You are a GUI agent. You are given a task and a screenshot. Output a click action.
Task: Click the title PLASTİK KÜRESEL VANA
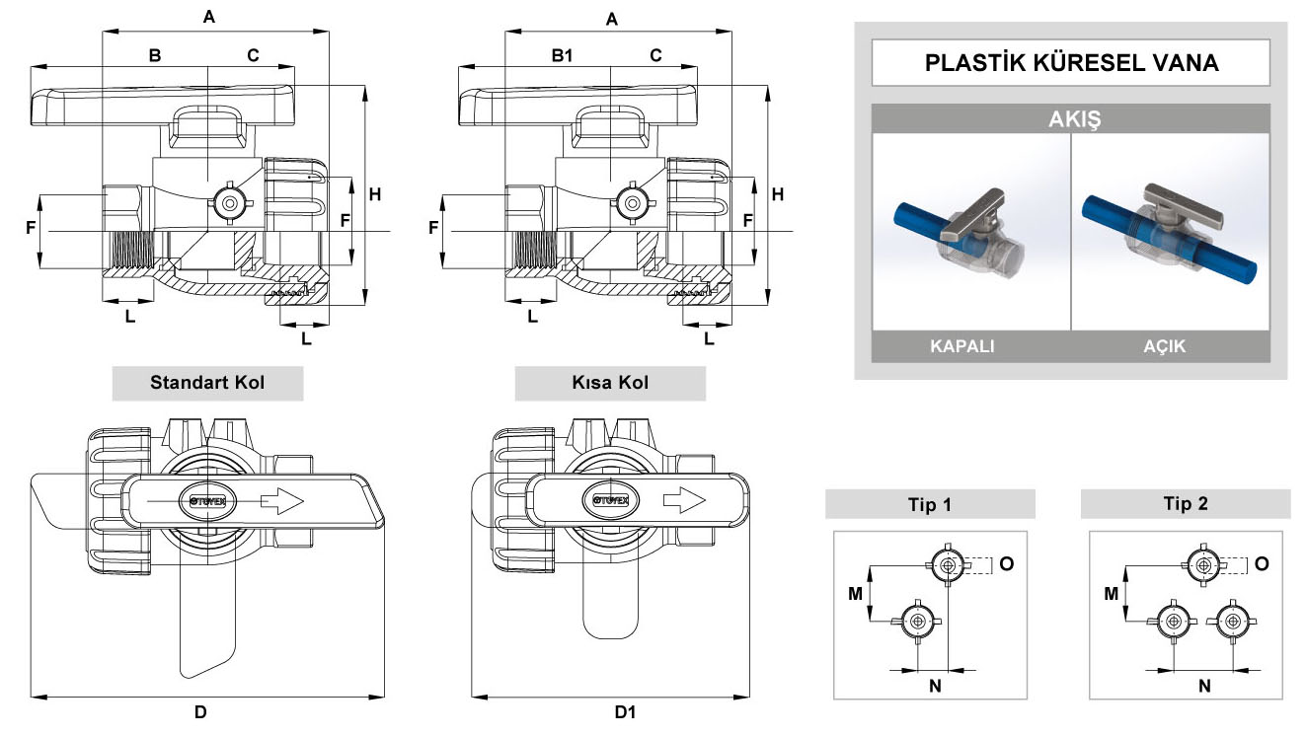click(1071, 63)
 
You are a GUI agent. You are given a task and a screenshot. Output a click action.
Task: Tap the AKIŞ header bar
click(1071, 120)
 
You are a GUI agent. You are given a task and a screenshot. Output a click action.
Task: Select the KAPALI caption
click(961, 346)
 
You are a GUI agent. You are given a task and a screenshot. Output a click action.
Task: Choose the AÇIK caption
click(1164, 346)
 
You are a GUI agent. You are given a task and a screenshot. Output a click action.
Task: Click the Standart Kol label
click(207, 383)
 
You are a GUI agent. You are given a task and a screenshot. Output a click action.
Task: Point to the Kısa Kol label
click(610, 383)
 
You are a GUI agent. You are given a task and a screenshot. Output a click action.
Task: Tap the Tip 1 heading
click(930, 504)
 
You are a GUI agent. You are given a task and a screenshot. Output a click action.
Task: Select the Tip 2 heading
click(1185, 504)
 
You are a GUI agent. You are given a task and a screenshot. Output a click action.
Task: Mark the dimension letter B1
click(562, 56)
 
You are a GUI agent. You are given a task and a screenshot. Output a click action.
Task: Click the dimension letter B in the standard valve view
click(155, 56)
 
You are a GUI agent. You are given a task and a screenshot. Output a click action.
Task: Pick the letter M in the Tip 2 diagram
click(1111, 594)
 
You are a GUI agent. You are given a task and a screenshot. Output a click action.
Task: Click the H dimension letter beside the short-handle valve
click(778, 194)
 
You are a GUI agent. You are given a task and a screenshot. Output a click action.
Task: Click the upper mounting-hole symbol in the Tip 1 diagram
click(948, 565)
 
